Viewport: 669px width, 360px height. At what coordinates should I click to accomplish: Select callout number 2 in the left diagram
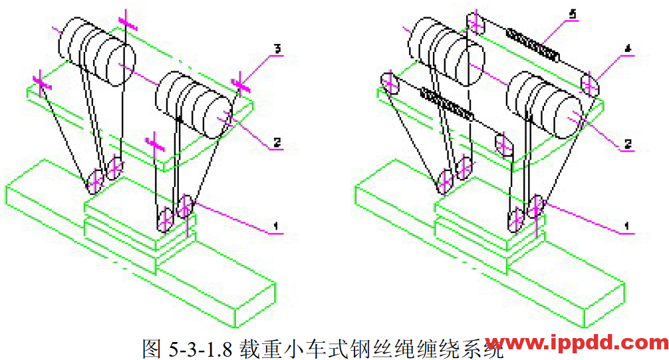[277, 142]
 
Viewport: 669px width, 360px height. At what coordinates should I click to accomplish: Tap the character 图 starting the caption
[152, 347]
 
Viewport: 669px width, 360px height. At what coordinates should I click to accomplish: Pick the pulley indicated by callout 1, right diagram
[538, 208]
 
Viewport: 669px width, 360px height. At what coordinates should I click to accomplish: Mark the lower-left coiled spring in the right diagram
[446, 104]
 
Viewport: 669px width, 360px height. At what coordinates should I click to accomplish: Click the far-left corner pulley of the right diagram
[388, 85]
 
